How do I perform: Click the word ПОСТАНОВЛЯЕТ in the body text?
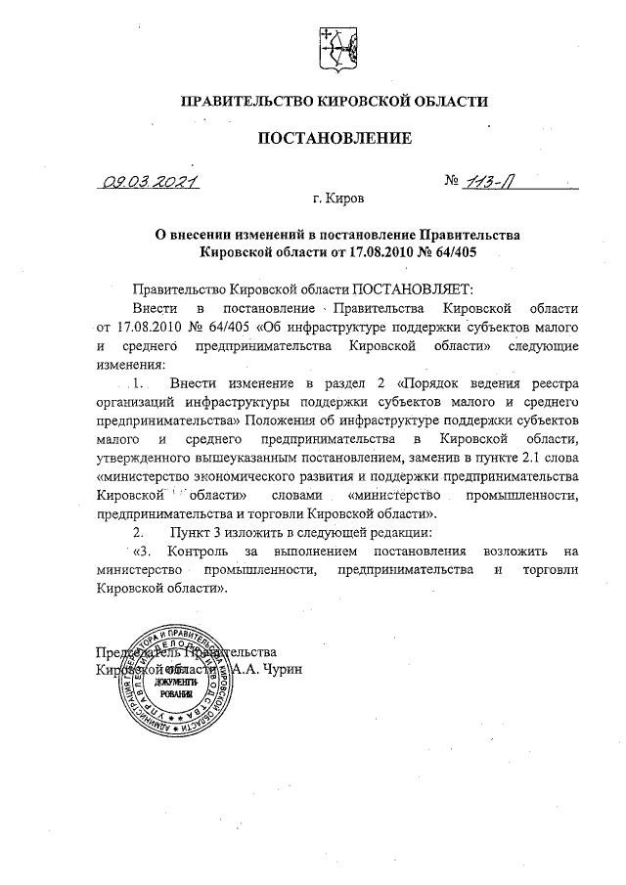(412, 289)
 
